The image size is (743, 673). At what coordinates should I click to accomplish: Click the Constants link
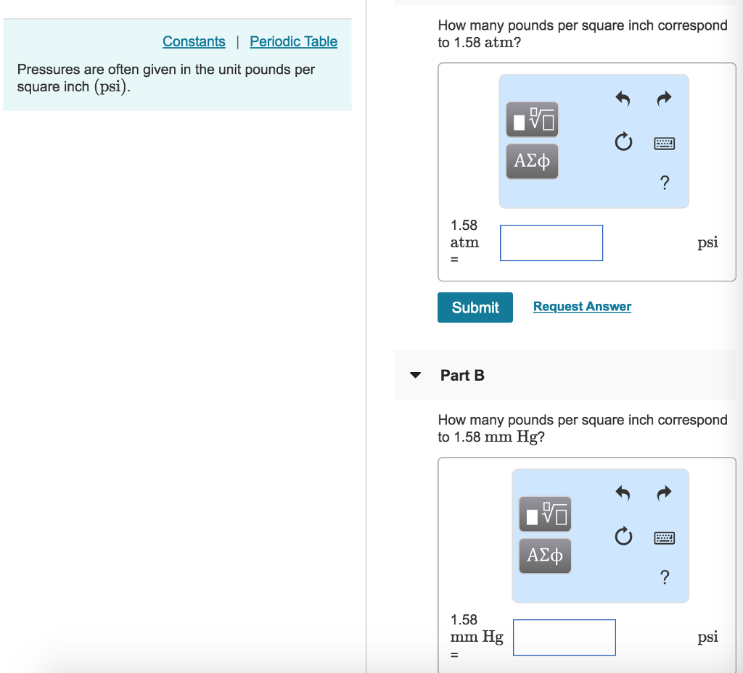[194, 41]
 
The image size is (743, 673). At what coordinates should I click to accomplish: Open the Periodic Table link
[293, 41]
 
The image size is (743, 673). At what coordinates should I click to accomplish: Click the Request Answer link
[582, 307]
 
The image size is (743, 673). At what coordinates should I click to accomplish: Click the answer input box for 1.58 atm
[551, 243]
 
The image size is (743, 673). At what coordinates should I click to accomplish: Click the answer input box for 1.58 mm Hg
[564, 637]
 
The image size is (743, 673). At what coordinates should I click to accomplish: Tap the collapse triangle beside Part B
[415, 376]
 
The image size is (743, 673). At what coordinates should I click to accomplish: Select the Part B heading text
[462, 376]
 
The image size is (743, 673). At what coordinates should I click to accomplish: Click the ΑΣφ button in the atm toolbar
[532, 161]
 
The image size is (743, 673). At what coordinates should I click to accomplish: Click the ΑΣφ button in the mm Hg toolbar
[545, 556]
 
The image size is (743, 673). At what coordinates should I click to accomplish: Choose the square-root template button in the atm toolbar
[532, 120]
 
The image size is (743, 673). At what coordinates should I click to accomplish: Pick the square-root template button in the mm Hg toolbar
[545, 514]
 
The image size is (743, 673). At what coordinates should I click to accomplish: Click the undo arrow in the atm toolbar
[622, 99]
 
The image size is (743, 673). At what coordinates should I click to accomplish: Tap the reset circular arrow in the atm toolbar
[622, 142]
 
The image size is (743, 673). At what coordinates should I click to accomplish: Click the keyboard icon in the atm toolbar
[664, 143]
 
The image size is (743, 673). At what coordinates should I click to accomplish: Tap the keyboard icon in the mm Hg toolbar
[664, 537]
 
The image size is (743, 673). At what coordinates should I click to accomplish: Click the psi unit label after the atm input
[707, 243]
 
